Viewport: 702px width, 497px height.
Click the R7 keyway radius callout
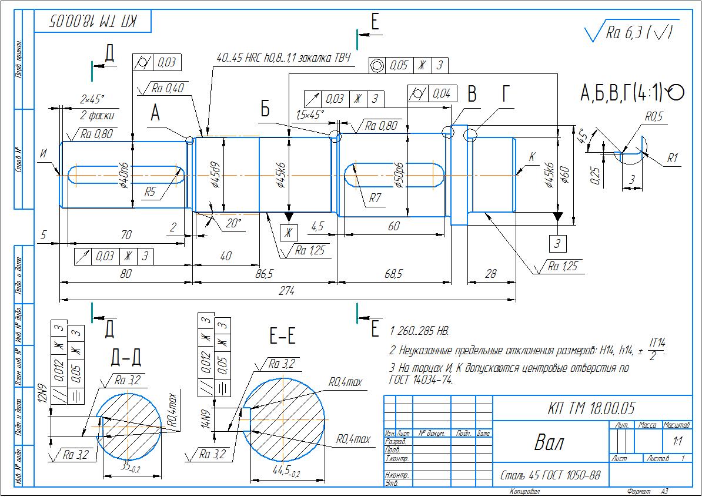[376, 199]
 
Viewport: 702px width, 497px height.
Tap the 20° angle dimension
[233, 223]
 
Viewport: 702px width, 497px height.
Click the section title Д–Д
[126, 357]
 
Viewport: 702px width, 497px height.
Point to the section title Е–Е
[282, 336]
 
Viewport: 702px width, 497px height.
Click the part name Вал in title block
[549, 442]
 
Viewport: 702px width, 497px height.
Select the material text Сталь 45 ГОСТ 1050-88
[550, 474]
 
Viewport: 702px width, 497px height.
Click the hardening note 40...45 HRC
[283, 58]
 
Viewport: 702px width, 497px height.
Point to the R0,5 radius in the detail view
[653, 117]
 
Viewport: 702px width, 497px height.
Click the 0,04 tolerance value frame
[441, 93]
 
